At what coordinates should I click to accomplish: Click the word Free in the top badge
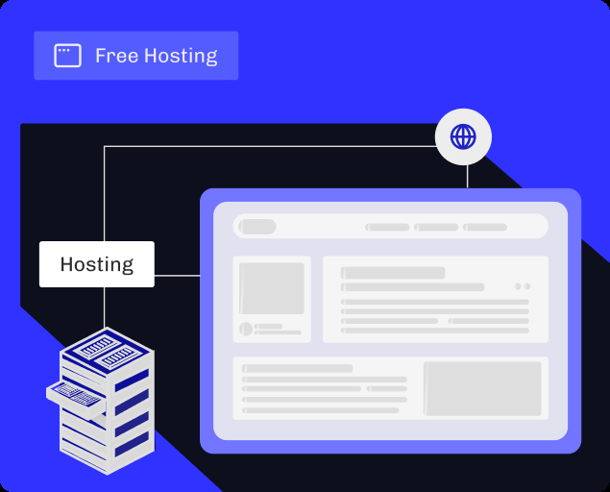coord(115,56)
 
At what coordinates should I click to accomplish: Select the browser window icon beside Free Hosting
coord(67,56)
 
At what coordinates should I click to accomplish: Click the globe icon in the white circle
coord(463,136)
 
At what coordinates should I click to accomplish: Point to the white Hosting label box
coord(96,264)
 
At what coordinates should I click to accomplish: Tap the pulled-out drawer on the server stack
coord(75,393)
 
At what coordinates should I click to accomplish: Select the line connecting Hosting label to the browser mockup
coord(177,276)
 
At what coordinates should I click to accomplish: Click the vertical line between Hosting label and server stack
coord(104,307)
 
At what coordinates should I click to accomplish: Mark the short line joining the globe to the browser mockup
coord(467,175)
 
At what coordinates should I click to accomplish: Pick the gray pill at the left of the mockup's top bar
coord(257,227)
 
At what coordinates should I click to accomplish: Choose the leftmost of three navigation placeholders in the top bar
coord(388,228)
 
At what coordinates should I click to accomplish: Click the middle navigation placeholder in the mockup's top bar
coord(437,228)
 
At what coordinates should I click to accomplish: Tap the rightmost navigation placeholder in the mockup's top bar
coord(485,228)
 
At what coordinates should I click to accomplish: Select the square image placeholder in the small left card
coord(272,287)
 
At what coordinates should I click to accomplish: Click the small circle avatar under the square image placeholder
coord(245,329)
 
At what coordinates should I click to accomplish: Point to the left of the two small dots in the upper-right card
coord(517,286)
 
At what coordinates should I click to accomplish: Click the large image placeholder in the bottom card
coord(482,388)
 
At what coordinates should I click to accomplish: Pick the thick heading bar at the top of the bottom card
coord(298,368)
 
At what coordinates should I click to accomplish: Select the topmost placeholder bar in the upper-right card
coord(393,273)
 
